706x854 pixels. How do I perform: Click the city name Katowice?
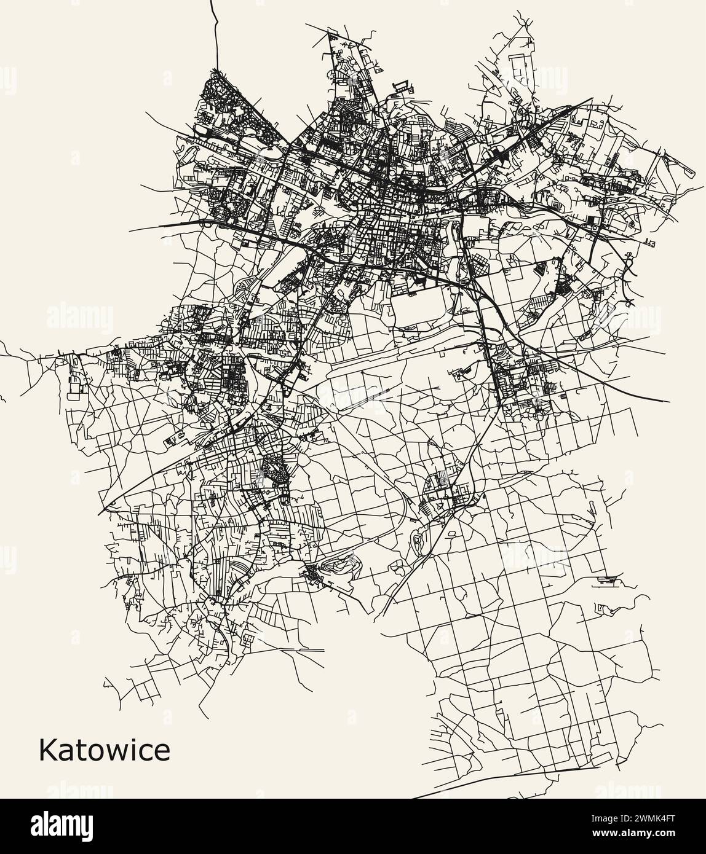(x=104, y=750)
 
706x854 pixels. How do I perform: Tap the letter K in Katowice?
(x=47, y=750)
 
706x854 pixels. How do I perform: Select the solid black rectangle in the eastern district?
(x=592, y=219)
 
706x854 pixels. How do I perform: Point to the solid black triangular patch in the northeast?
(x=504, y=156)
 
